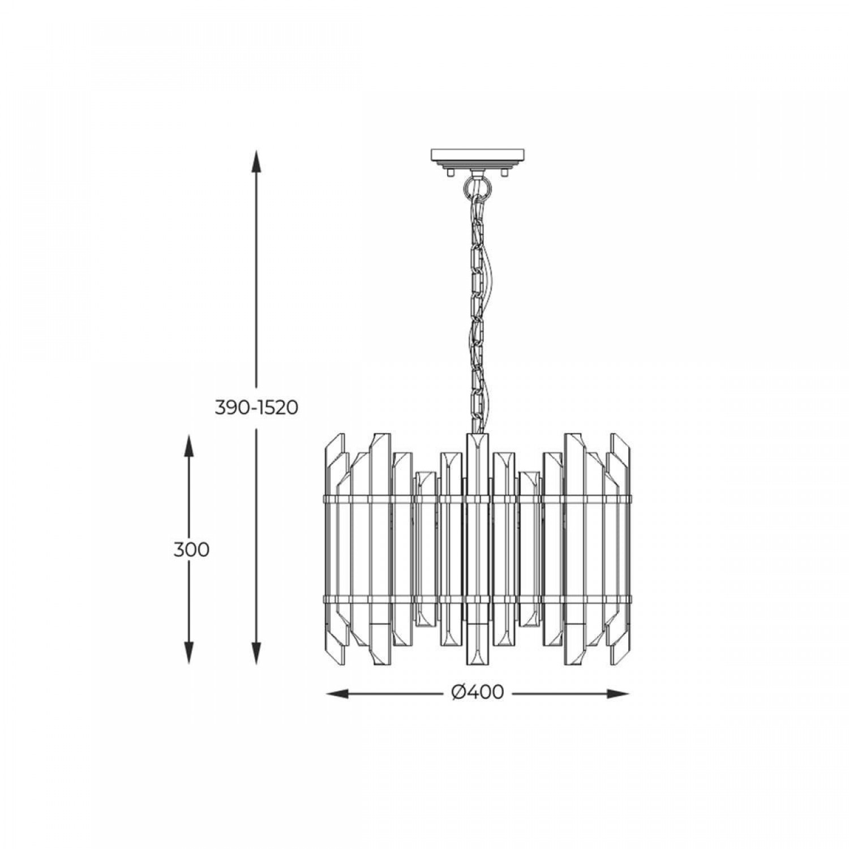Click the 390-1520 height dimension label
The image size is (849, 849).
click(256, 407)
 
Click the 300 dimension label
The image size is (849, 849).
click(191, 550)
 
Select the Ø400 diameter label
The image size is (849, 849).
click(478, 692)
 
